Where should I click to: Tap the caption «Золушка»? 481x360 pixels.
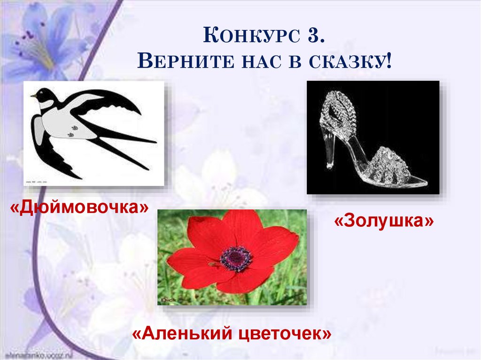pos(384,221)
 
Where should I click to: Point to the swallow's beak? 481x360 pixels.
pos(33,96)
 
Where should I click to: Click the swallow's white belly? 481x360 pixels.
pos(66,125)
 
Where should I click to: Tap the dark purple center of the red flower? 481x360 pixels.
pos(236,258)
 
